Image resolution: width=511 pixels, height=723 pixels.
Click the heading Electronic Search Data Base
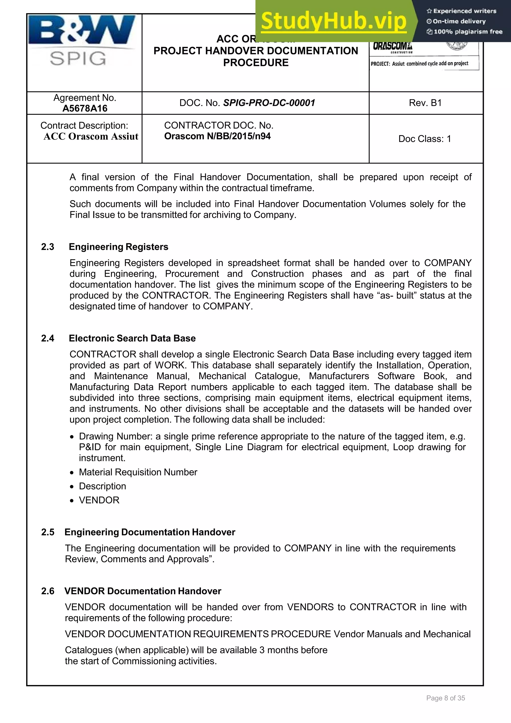pos(132,338)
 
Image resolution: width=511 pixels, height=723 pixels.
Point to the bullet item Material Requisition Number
pos(138,472)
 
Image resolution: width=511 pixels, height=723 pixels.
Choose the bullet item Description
pos(102,486)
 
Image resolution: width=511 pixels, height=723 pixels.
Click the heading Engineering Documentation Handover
pos(150,532)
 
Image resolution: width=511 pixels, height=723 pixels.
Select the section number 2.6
pos(48,591)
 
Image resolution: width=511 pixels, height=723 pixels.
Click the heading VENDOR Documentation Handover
pos(143,591)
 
